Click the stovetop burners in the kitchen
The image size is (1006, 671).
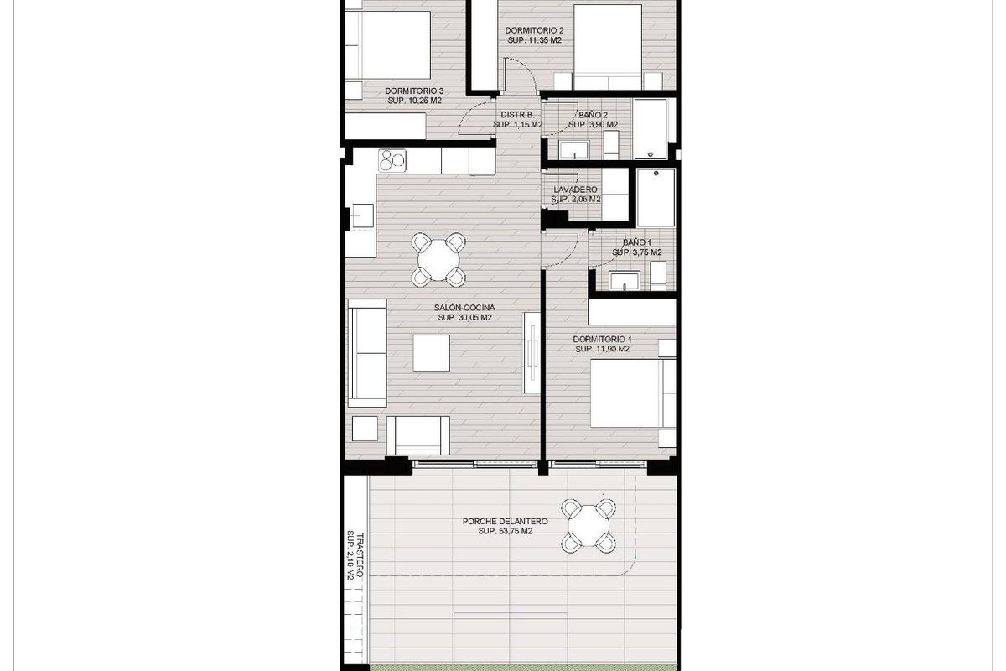click(392, 159)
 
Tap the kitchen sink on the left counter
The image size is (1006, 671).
click(362, 216)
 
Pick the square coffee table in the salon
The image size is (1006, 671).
click(431, 352)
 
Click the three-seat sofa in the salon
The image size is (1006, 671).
click(366, 352)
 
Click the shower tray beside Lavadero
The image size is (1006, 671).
click(655, 197)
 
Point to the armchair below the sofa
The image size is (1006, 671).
click(418, 434)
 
